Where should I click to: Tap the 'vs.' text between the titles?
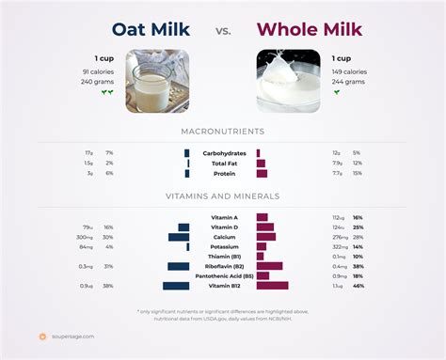tap(223, 31)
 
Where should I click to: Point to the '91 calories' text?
tap(98, 71)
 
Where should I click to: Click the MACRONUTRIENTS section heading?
tap(223, 132)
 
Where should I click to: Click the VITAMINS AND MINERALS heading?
tap(223, 196)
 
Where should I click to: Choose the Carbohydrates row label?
tap(223, 152)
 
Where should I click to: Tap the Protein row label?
tap(223, 173)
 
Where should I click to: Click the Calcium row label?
tap(223, 237)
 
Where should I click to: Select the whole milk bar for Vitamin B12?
tap(272, 286)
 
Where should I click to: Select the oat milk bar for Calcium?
tap(179, 237)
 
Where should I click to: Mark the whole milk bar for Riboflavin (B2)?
tap(269, 266)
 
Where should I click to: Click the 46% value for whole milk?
tap(358, 286)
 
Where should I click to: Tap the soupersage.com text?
tap(72, 336)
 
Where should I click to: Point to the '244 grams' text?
tap(349, 82)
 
